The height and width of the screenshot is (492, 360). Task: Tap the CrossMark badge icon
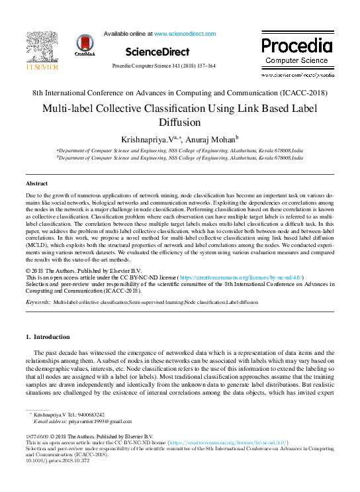[85, 44]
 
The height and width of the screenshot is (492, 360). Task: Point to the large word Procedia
[296, 46]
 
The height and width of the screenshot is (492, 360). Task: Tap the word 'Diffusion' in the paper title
[179, 123]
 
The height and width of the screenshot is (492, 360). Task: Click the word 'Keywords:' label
[38, 301]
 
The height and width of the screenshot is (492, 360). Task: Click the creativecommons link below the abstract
[241, 277]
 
